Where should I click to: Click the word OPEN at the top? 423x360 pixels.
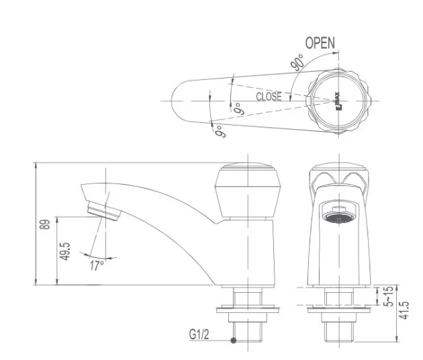[x=320, y=43]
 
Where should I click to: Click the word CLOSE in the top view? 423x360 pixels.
[x=269, y=97]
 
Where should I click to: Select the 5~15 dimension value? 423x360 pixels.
[x=387, y=296]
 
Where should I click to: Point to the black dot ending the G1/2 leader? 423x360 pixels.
[x=233, y=341]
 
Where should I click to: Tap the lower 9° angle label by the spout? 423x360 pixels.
[x=219, y=130]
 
